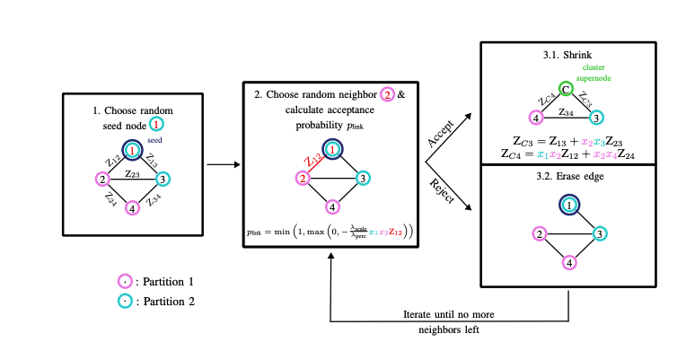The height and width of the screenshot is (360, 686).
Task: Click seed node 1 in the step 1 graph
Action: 133,149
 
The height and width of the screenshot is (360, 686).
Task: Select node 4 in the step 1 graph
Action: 133,210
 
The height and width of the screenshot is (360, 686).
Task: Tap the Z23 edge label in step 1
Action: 133,173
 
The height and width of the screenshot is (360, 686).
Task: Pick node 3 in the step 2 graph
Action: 362,179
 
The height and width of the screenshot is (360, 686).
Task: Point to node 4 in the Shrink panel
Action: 535,118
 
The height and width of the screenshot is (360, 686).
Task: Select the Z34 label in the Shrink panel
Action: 566,112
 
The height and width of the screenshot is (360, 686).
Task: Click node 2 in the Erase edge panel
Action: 540,234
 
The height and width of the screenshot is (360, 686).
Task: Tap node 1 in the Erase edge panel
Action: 570,206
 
